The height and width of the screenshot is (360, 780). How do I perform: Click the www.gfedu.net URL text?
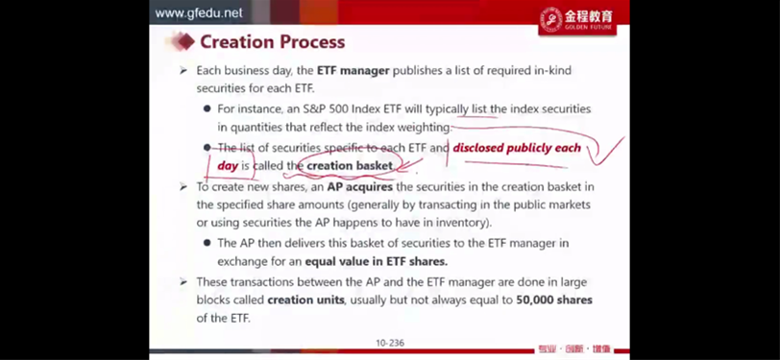[x=199, y=12]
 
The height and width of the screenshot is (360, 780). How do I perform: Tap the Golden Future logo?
[x=577, y=19]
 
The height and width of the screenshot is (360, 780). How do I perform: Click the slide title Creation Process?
[x=272, y=42]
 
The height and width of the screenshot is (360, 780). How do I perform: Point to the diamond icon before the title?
[x=184, y=42]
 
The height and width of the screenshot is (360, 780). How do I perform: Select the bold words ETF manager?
[x=353, y=71]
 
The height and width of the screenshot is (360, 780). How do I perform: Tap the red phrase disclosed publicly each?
[x=517, y=148]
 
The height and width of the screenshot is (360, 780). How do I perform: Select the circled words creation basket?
[x=350, y=165]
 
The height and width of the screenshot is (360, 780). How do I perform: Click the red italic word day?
[x=228, y=166]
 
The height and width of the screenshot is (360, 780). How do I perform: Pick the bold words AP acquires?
[x=359, y=187]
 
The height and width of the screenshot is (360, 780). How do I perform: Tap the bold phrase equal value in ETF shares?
[x=377, y=261]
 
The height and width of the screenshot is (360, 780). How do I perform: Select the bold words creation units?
[x=305, y=300]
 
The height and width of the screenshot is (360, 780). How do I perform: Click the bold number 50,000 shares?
[x=554, y=300]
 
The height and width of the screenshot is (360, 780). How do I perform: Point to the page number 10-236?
[x=390, y=343]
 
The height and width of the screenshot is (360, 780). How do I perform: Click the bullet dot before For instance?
[x=207, y=108]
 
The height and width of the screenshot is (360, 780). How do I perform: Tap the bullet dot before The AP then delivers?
[x=207, y=243]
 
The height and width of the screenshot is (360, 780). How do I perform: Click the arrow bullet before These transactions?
[x=183, y=282]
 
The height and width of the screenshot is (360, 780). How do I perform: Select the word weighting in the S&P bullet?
[x=426, y=128]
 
